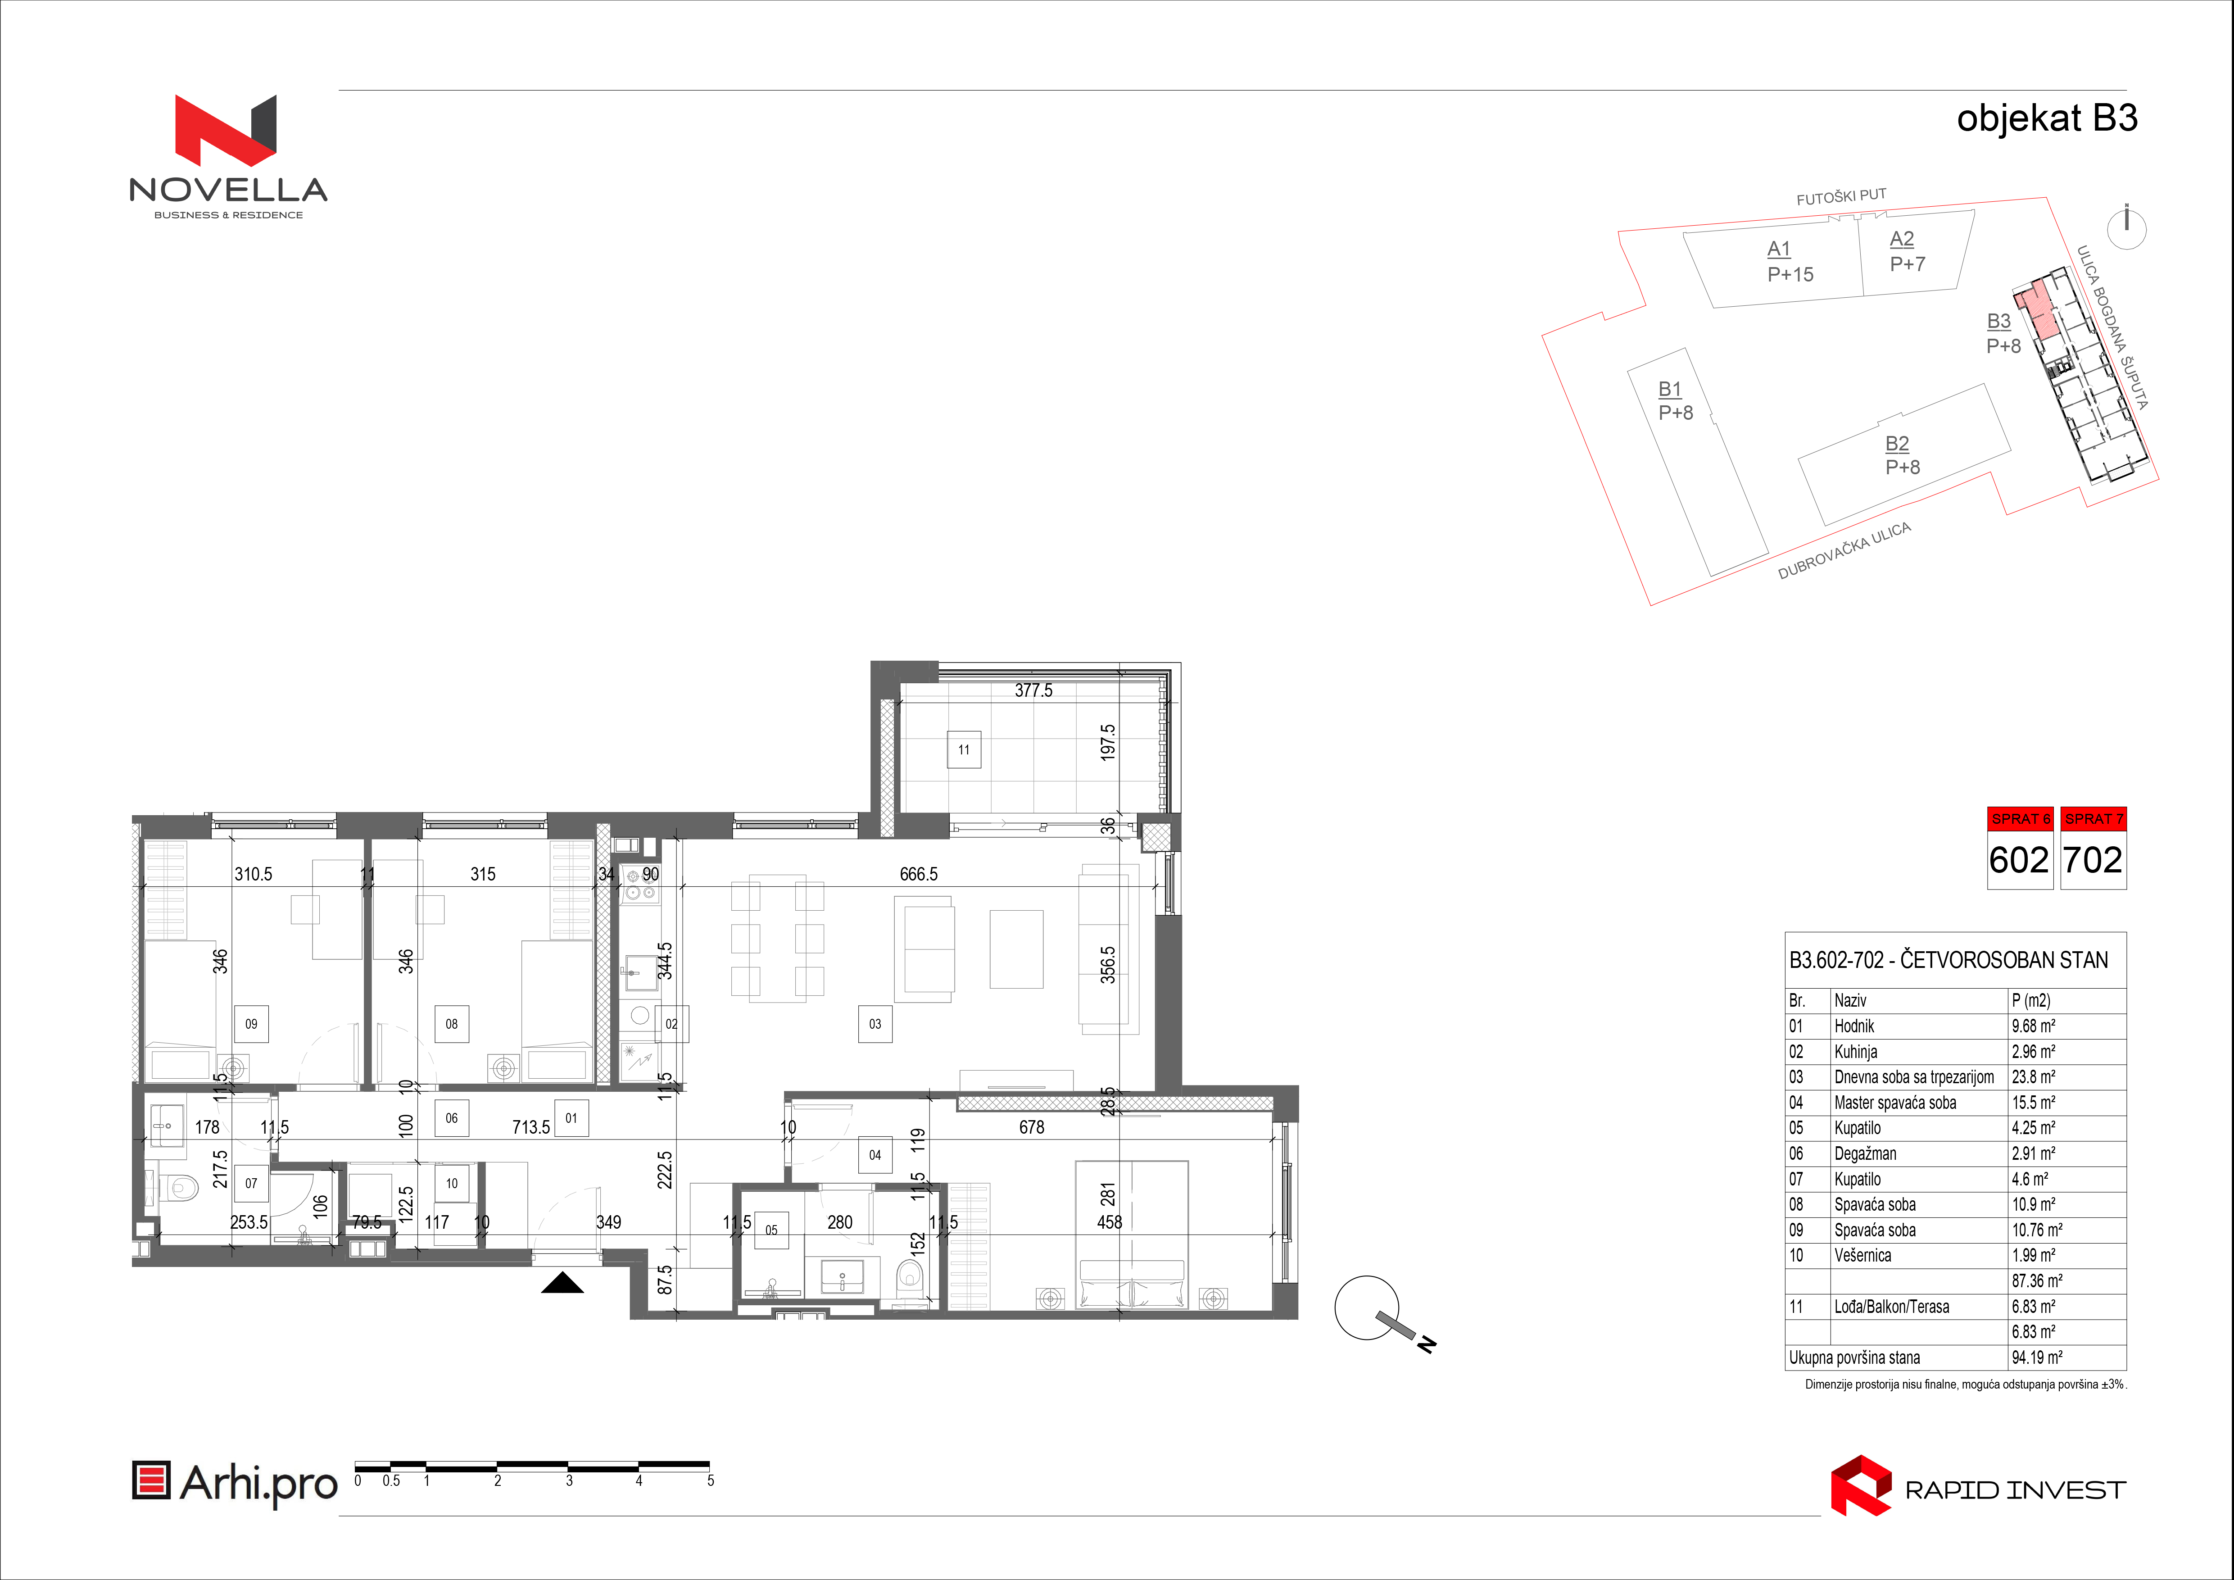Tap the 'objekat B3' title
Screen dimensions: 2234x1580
(x=2047, y=119)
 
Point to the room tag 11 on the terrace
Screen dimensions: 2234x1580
(x=963, y=750)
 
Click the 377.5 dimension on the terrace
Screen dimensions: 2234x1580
(x=1033, y=691)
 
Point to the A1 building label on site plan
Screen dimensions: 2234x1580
(x=1779, y=249)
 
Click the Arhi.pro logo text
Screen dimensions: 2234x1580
(x=259, y=1484)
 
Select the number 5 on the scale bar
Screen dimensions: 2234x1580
(x=710, y=1481)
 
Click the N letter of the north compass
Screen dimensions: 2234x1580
(x=1427, y=1345)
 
